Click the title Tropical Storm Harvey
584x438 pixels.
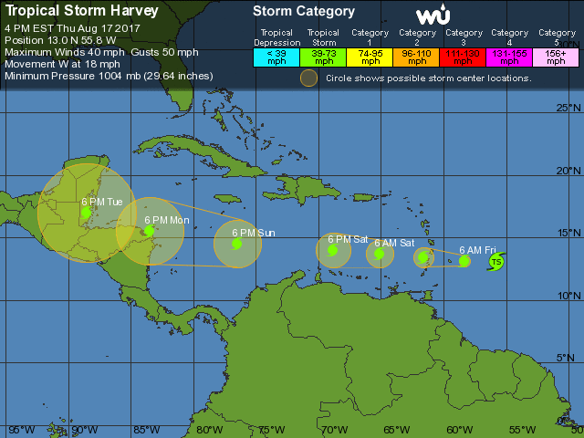click(x=81, y=11)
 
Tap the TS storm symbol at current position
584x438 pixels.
click(x=496, y=263)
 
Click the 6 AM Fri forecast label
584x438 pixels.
click(x=477, y=250)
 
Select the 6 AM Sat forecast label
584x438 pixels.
click(x=393, y=243)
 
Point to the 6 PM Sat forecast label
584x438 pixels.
click(x=347, y=238)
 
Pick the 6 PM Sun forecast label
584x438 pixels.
click(x=253, y=233)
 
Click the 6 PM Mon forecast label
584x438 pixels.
click(x=167, y=220)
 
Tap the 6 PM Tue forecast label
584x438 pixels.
click(x=102, y=202)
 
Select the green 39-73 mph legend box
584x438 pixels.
click(x=323, y=57)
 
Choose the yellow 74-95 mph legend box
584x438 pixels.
click(x=370, y=57)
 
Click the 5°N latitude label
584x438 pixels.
click(x=569, y=357)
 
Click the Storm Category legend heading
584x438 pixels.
click(x=303, y=12)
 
